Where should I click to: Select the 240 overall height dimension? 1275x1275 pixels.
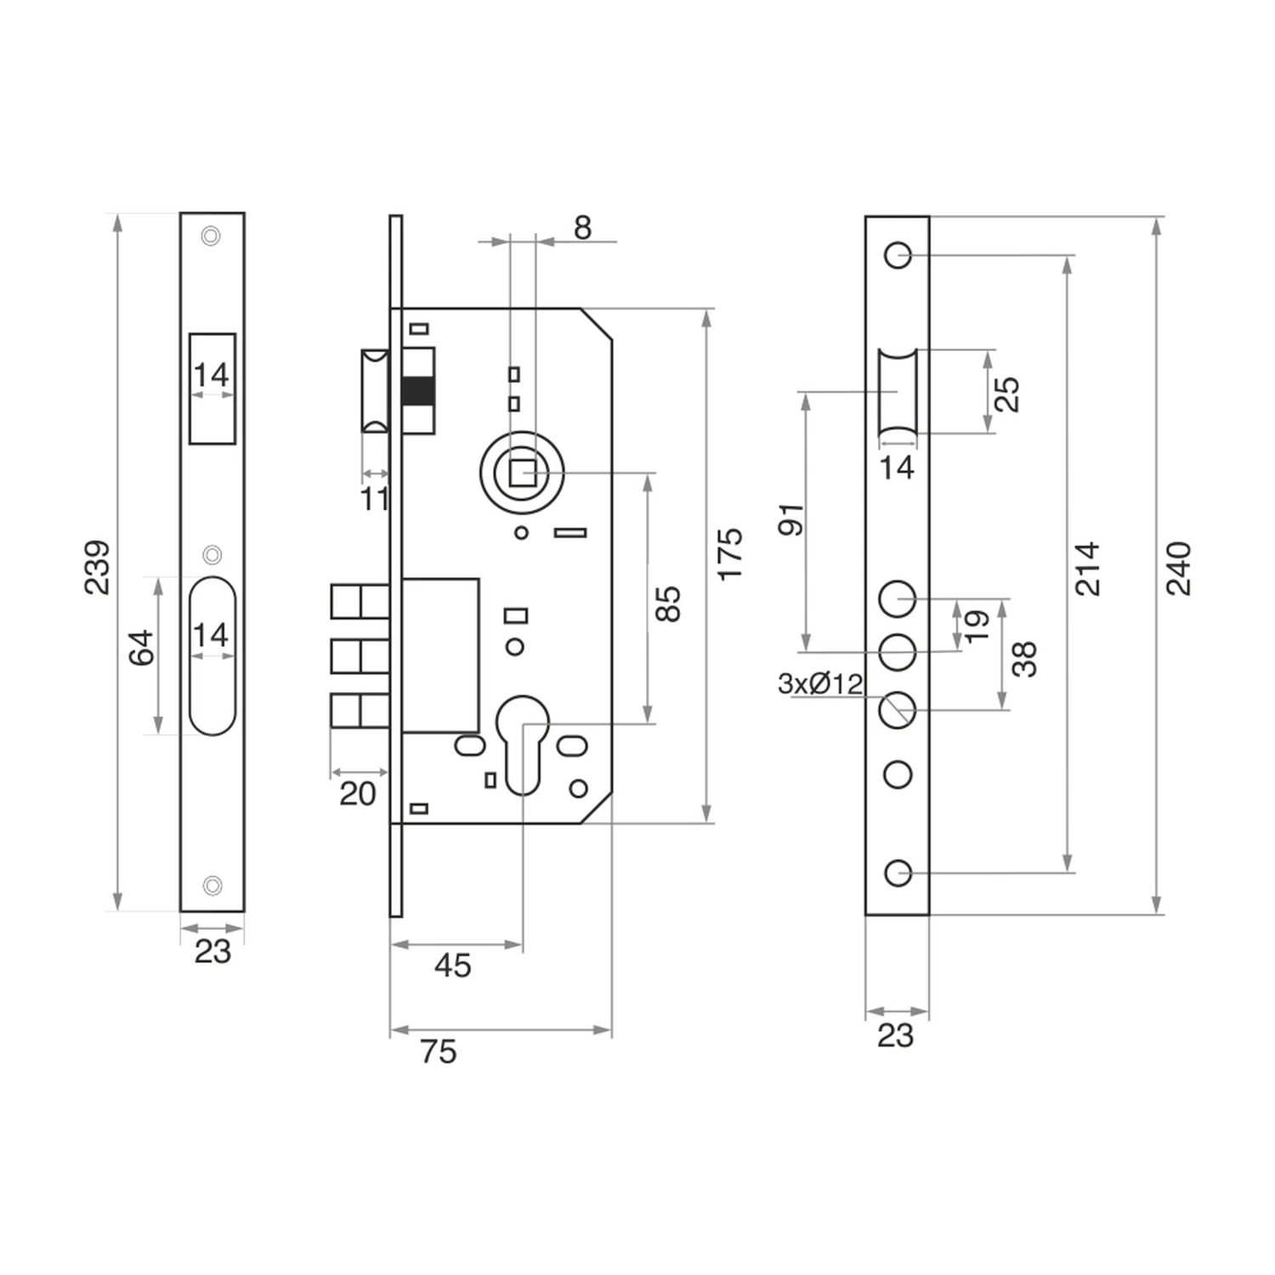click(x=1178, y=567)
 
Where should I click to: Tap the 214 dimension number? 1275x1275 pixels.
click(x=1087, y=567)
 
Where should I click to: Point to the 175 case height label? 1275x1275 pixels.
click(x=730, y=554)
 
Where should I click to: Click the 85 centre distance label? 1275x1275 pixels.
click(x=669, y=603)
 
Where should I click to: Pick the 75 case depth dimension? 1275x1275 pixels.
click(x=439, y=1051)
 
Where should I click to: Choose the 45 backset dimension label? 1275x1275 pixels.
click(x=452, y=966)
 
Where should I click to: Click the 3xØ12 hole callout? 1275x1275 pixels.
click(x=820, y=683)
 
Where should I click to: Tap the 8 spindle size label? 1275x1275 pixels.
click(x=582, y=228)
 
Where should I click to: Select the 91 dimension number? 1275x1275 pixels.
click(x=791, y=518)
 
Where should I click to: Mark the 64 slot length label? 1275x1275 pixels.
click(x=142, y=647)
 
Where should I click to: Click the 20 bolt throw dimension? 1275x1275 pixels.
click(x=357, y=794)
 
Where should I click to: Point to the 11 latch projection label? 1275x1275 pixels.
click(x=374, y=499)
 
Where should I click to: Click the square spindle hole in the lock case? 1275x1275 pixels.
click(x=523, y=473)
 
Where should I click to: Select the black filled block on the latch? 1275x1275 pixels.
click(x=417, y=391)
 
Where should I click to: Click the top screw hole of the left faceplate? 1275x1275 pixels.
click(x=211, y=235)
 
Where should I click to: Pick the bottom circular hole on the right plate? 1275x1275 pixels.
click(x=898, y=873)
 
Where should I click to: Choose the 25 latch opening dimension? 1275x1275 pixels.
click(x=1007, y=394)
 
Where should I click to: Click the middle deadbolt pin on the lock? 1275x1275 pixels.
click(x=360, y=656)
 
